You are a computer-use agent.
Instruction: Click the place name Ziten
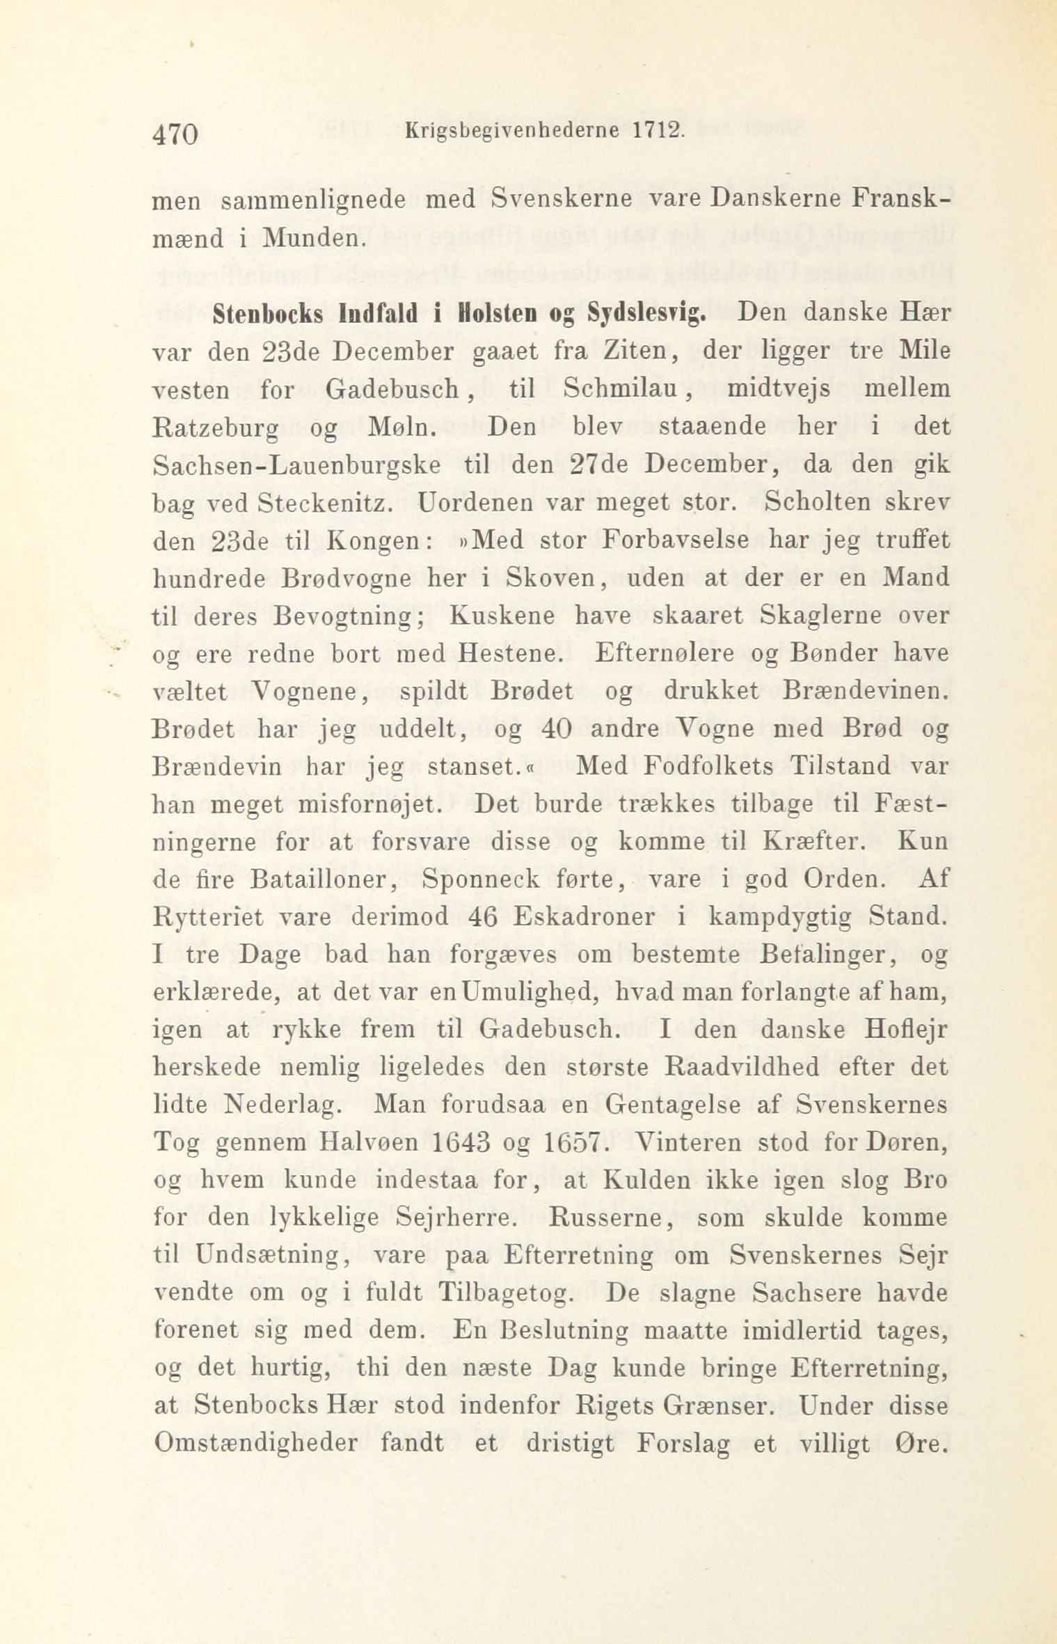637,351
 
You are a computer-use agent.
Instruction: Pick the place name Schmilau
617,389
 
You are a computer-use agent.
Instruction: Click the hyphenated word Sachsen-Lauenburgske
296,465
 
